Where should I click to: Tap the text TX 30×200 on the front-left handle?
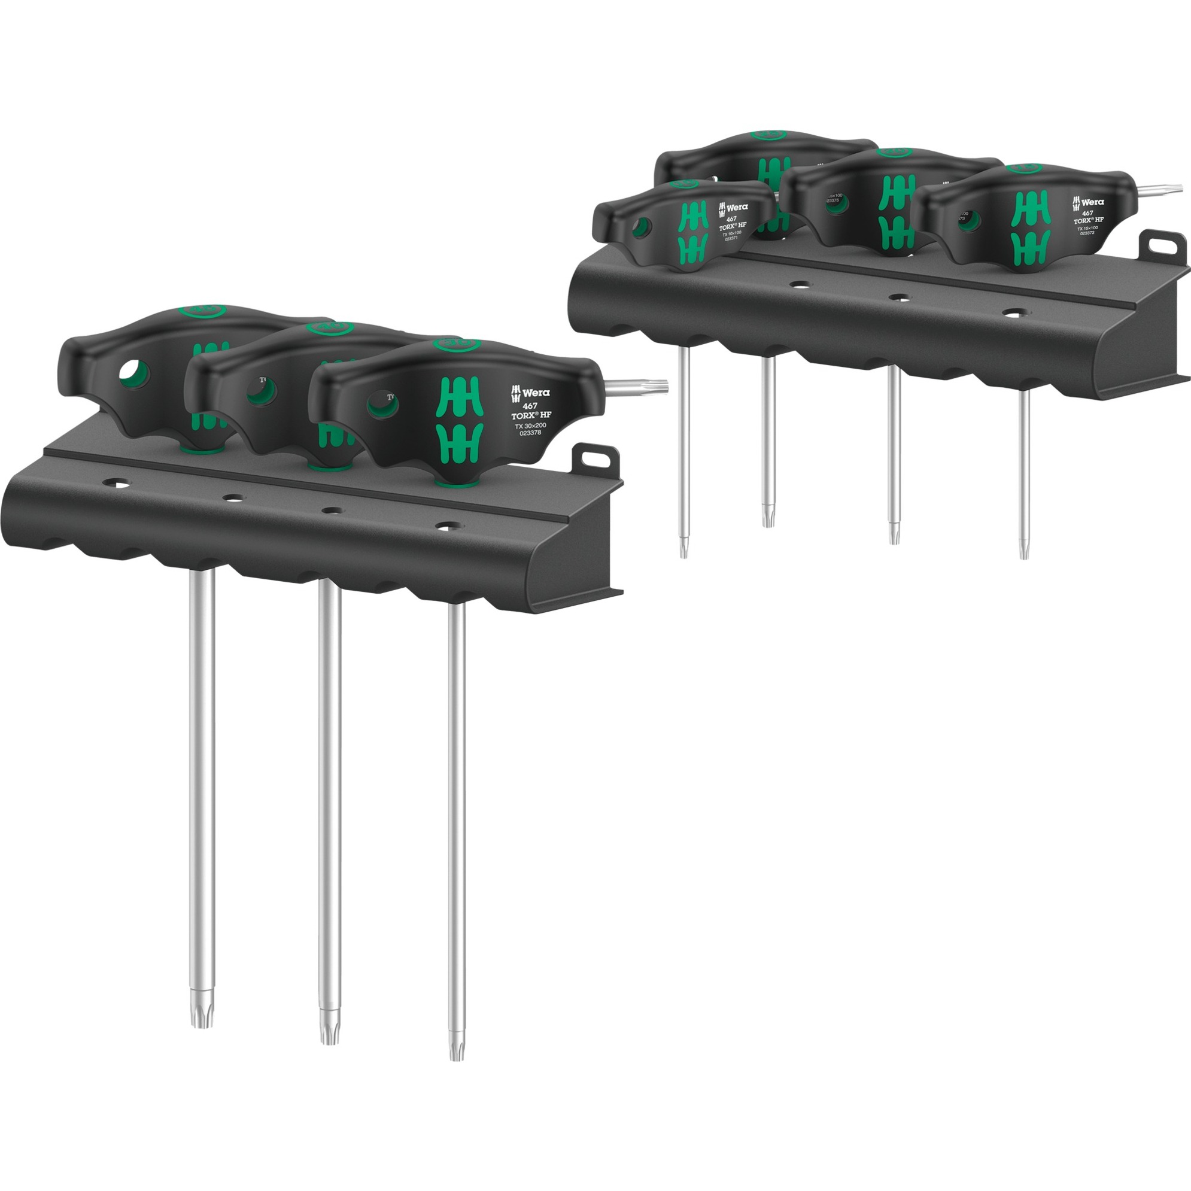tap(530, 426)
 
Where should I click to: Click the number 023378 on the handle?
tap(530, 433)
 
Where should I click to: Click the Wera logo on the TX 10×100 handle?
tap(733, 208)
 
